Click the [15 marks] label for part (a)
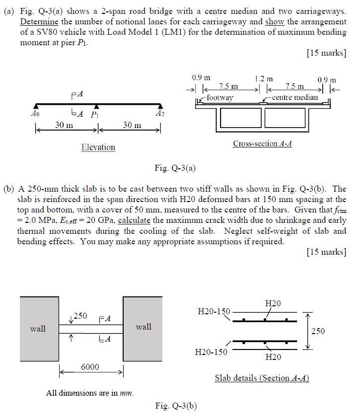326,53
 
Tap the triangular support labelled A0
36,106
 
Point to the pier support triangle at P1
97,106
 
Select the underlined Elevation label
98,147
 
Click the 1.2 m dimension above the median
263,78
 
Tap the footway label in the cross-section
220,97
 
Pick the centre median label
295,97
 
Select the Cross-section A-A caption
262,143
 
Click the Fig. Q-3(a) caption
176,168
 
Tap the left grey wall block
39,328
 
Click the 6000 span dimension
90,367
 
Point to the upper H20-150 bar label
214,311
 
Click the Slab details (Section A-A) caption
262,378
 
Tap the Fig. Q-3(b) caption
176,406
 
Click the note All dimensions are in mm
90,393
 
